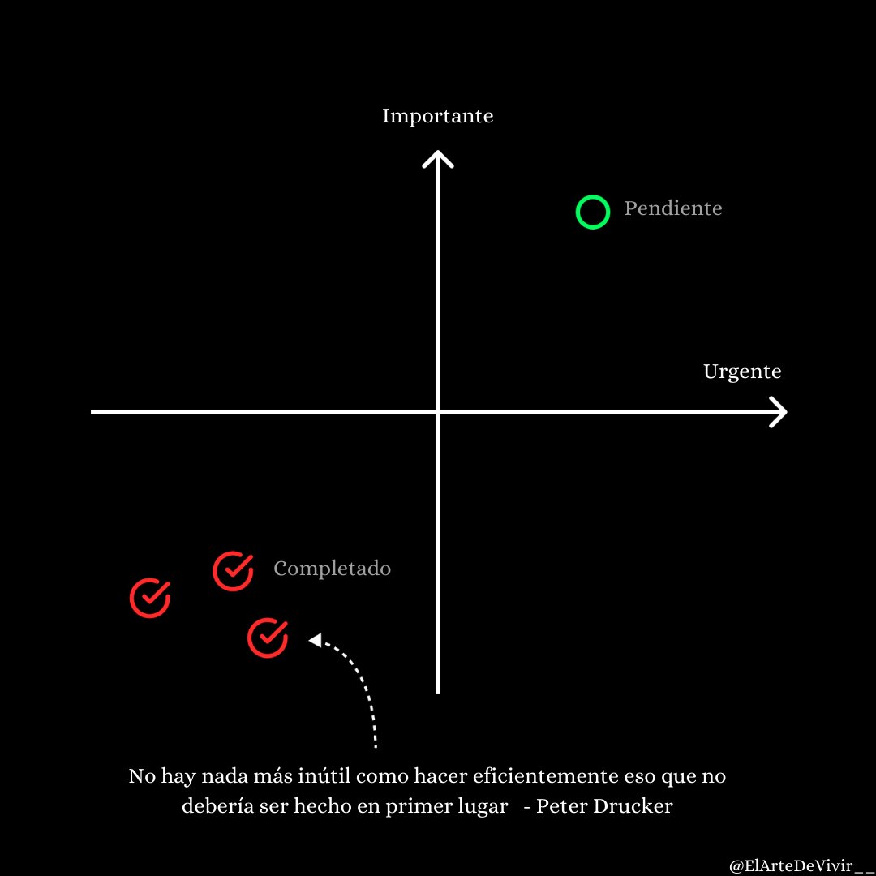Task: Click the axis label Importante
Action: (x=437, y=116)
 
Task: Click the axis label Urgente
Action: (x=742, y=371)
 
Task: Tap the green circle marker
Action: (x=592, y=212)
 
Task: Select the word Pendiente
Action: (x=673, y=208)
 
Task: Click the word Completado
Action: (x=332, y=569)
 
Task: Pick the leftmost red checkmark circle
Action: (x=150, y=599)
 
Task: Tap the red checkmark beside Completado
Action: (x=233, y=570)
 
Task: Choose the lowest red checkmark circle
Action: (x=268, y=637)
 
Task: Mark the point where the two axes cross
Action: (x=438, y=412)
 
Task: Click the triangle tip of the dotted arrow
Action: (x=313, y=641)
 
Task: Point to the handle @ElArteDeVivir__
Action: (x=798, y=865)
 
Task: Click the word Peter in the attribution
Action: (x=563, y=807)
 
